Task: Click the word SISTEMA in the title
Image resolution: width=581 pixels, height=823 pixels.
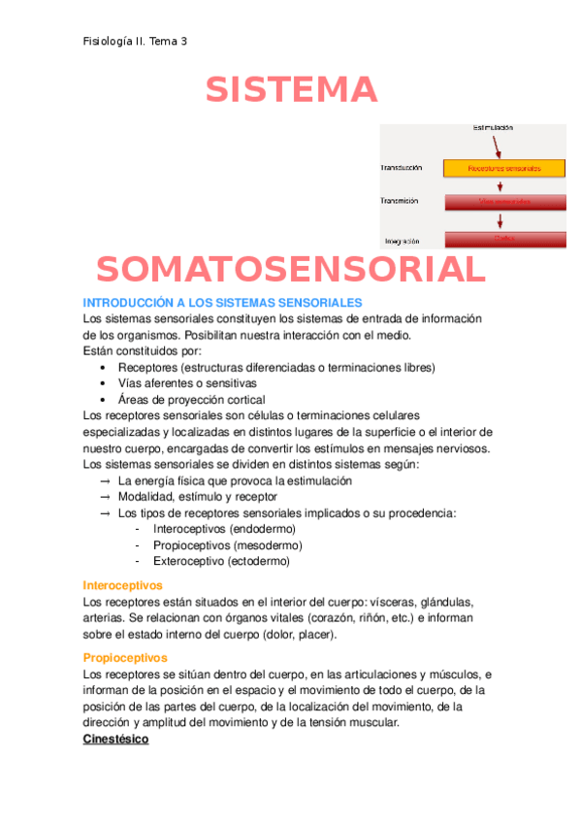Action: coord(291,90)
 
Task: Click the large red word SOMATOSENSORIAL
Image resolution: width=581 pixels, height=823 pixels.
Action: coord(290,269)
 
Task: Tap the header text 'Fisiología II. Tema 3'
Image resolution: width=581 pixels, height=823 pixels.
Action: coord(136,42)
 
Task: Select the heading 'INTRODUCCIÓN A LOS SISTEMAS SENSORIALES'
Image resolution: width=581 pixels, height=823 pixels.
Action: coord(223,303)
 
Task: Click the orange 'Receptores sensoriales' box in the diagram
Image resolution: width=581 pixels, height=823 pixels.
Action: coord(504,168)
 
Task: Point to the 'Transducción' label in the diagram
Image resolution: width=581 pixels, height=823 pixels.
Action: coord(403,168)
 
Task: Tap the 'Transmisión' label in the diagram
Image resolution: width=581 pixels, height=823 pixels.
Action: coord(401,201)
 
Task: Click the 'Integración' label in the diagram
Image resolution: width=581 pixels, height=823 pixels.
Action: coord(402,240)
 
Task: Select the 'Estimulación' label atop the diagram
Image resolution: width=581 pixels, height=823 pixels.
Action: coord(492,128)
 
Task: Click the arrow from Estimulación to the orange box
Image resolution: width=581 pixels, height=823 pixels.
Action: coord(497,146)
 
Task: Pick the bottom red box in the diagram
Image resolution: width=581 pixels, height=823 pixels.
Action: coord(504,239)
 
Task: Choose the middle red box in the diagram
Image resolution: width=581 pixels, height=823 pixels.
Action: coord(504,202)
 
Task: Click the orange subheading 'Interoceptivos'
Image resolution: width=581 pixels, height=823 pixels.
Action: coord(123,585)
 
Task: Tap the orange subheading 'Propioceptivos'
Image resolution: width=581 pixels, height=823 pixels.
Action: coord(125,658)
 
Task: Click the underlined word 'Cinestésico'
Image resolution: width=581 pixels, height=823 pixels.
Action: coord(116,739)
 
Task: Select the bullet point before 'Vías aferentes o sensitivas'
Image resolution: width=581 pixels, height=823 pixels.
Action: coord(104,383)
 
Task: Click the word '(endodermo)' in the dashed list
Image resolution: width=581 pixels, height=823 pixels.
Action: coord(261,529)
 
